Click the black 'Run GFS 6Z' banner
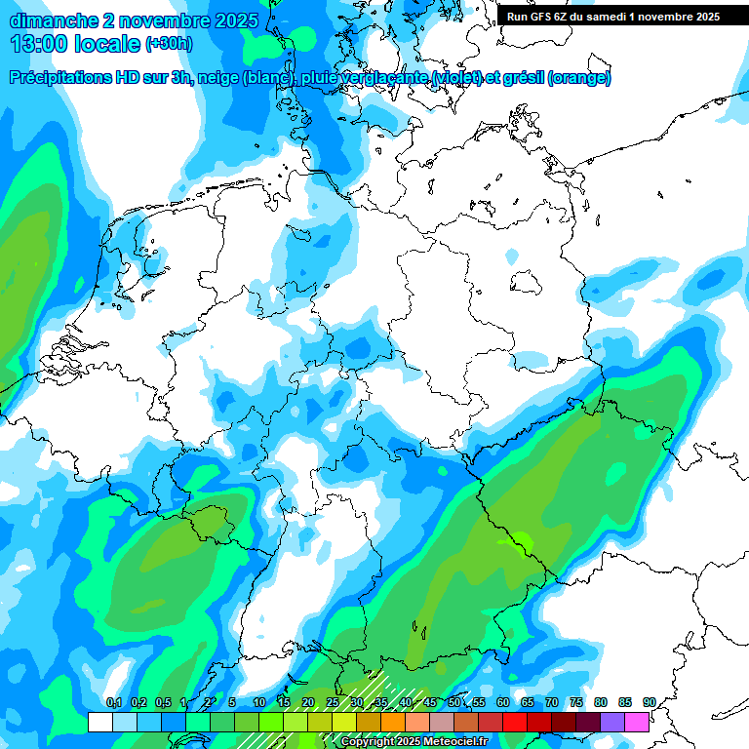tap(612, 17)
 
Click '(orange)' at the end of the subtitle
tap(580, 78)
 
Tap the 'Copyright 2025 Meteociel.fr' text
tap(414, 741)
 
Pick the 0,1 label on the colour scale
tap(113, 702)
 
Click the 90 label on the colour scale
tap(649, 702)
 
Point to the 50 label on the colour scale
tap(454, 702)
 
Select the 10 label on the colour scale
tap(259, 702)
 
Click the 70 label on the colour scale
tap(552, 702)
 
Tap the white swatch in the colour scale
tap(99, 722)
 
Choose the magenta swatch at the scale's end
tap(637, 722)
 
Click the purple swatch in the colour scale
tap(612, 722)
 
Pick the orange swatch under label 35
tap(393, 722)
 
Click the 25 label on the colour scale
tap(333, 702)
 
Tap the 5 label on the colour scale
tap(232, 702)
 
